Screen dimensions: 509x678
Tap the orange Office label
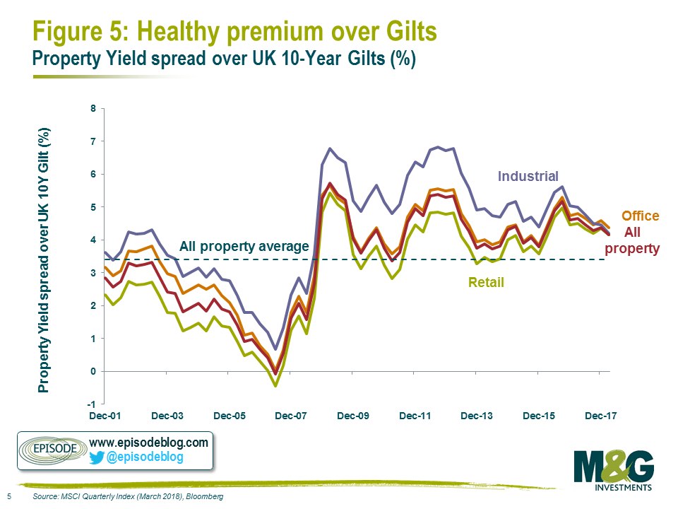pyautogui.click(x=640, y=216)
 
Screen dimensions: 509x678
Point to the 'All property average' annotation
pyautogui.click(x=244, y=247)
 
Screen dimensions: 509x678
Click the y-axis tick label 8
pyautogui.click(x=90, y=109)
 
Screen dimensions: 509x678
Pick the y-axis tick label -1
pyautogui.click(x=89, y=404)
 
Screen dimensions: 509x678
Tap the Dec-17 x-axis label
pyautogui.click(x=600, y=416)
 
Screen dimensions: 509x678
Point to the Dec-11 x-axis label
pyautogui.click(x=415, y=416)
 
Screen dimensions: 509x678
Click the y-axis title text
pyautogui.click(x=44, y=259)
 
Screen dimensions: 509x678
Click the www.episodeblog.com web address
pyautogui.click(x=149, y=443)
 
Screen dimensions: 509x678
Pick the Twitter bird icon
pyautogui.click(x=97, y=457)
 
